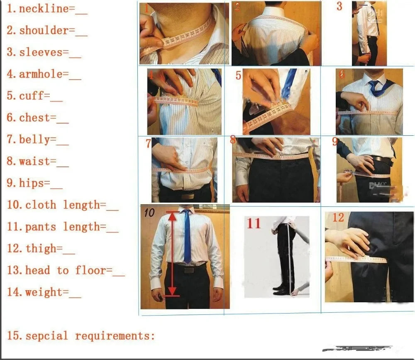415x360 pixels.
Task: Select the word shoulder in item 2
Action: tap(44, 30)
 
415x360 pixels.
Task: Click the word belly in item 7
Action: tap(34, 140)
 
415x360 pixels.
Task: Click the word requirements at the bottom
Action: tap(115, 336)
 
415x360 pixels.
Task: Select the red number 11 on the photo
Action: tap(254, 223)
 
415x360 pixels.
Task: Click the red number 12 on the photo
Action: tap(338, 217)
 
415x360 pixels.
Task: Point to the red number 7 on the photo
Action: tap(148, 144)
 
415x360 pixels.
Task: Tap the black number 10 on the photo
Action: tap(149, 213)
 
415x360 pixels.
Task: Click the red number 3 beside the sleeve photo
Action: tap(339, 7)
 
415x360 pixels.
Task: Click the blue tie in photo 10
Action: tap(187, 237)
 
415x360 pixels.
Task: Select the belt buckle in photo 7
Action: tap(188, 196)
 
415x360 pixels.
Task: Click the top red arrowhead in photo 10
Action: tap(172, 213)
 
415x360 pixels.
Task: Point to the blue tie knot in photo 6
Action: tap(373, 84)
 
